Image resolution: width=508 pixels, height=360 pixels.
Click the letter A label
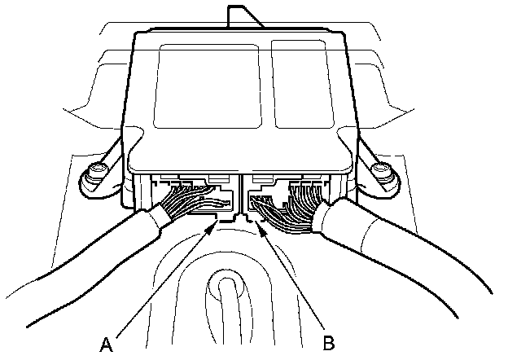click(x=106, y=344)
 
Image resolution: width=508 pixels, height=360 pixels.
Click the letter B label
click(x=329, y=342)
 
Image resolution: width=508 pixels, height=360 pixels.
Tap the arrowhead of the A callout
click(x=215, y=226)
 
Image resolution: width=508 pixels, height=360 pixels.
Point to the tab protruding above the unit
click(x=242, y=18)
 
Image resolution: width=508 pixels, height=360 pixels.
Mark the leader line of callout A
click(x=163, y=281)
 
